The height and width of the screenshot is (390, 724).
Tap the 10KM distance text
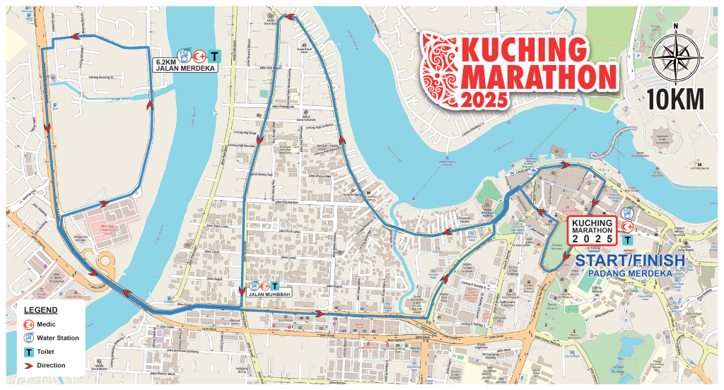tap(675, 100)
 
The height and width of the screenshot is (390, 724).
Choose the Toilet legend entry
tap(45, 352)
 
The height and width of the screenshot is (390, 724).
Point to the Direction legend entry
tap(48, 365)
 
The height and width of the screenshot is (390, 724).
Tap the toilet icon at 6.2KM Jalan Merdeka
tap(215, 54)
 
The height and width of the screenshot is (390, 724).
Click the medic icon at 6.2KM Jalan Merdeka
tap(199, 54)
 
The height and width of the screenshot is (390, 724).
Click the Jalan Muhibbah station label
tap(268, 292)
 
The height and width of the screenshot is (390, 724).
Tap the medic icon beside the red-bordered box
tap(627, 226)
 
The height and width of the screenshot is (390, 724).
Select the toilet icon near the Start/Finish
tap(627, 240)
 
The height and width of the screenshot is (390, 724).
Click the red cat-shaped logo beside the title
tap(439, 67)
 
